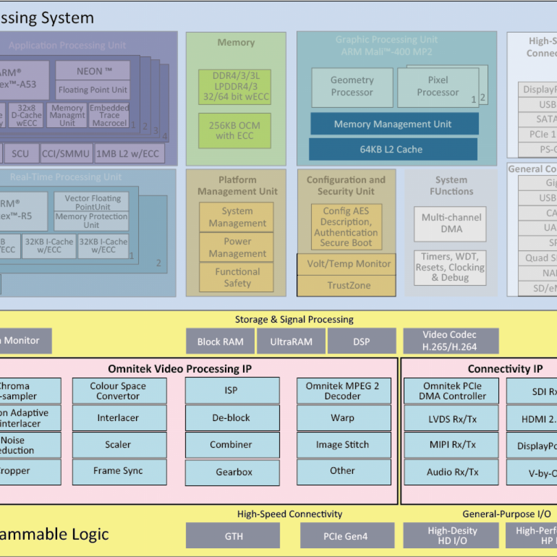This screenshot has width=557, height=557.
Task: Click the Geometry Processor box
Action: click(352, 86)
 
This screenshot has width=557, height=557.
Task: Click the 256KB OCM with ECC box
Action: click(234, 131)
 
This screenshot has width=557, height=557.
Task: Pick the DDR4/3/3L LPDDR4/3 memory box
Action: click(234, 86)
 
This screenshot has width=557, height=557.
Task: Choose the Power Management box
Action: click(237, 247)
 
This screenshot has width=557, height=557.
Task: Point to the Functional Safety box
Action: click(237, 277)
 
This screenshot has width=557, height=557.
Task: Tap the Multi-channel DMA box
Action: click(451, 223)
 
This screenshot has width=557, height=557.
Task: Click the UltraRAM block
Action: click(291, 342)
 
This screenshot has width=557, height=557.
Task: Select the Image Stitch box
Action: click(343, 445)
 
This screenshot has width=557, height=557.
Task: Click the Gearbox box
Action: click(233, 472)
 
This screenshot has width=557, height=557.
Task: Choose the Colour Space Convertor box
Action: click(118, 391)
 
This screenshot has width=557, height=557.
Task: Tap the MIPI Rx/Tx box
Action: click(451, 445)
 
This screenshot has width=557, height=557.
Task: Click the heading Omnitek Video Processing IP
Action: click(180, 369)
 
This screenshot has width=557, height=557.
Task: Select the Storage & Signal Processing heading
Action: click(294, 319)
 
